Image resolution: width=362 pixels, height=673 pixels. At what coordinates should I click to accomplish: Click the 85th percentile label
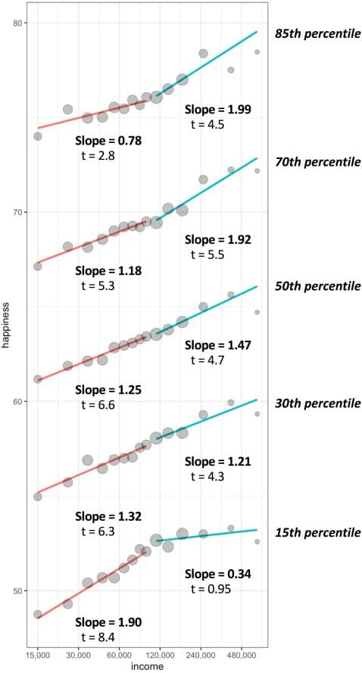point(317,34)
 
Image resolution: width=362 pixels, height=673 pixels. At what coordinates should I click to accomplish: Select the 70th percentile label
point(317,162)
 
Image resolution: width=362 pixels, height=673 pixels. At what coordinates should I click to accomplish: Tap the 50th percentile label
point(317,287)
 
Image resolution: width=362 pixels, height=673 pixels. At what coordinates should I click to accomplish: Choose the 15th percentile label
point(317,533)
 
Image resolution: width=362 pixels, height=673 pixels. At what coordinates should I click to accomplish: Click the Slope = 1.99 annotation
point(217,110)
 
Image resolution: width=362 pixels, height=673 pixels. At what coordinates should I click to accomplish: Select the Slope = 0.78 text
point(108,141)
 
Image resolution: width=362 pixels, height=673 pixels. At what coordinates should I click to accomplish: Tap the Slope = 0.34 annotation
point(217,574)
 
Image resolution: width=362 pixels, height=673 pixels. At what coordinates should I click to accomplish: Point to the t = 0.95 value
point(210,589)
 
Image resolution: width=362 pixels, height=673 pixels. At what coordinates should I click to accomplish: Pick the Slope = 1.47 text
point(217,345)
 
